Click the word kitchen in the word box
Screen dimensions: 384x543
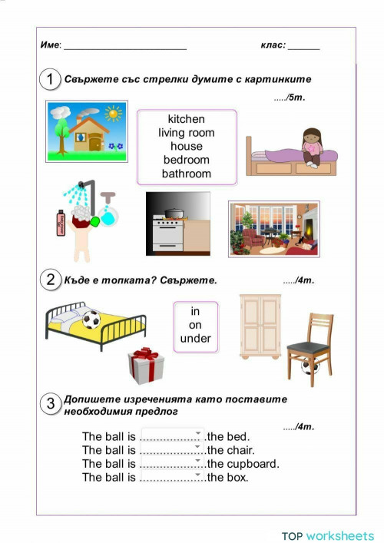pos(186,119)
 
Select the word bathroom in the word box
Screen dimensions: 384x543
pos(186,174)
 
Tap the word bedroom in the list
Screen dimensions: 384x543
pos(186,160)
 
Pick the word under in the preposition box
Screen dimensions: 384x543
pos(195,339)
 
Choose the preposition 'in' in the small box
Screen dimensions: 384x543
pos(195,311)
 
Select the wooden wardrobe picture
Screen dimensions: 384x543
pos(260,326)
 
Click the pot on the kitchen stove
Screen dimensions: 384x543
pos(174,213)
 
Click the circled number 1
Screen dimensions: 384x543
pos(51,79)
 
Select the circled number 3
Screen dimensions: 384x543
pos(51,405)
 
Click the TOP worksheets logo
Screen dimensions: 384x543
pos(327,535)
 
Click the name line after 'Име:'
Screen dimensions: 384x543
pos(125,48)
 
